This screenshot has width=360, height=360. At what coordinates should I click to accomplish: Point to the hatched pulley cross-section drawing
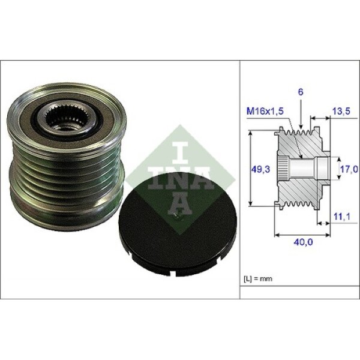[x=300, y=171]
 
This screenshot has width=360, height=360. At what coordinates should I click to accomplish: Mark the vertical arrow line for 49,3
[x=250, y=170]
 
